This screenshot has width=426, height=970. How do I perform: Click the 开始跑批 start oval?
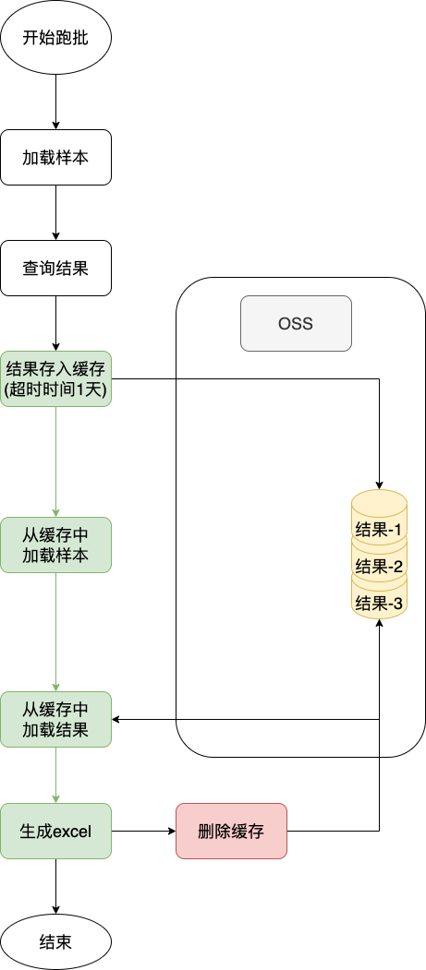(x=55, y=39)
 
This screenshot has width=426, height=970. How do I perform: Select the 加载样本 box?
(x=55, y=157)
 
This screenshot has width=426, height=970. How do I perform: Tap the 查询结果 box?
(x=55, y=269)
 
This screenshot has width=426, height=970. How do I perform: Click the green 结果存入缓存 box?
(x=55, y=378)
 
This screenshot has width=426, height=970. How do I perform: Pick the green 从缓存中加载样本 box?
(x=55, y=545)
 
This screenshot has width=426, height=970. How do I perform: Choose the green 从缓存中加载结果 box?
(x=55, y=720)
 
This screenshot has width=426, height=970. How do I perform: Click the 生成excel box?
(x=55, y=831)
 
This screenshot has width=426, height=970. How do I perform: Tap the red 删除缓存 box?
(x=231, y=831)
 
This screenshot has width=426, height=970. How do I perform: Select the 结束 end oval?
(x=55, y=941)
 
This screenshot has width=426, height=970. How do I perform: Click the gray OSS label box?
(x=296, y=323)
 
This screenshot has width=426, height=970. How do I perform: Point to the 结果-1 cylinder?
(x=379, y=526)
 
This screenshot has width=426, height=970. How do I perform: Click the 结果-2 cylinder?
(x=379, y=565)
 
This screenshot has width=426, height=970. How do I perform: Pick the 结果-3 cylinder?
(x=379, y=602)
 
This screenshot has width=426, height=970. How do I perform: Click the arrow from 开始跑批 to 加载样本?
(x=55, y=102)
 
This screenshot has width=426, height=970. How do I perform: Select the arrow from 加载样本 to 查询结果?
(x=55, y=212)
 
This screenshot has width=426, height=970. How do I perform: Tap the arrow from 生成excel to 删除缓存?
(x=143, y=831)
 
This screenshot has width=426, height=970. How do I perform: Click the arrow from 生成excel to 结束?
(x=55, y=886)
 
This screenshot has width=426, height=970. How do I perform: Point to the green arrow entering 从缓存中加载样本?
(x=55, y=461)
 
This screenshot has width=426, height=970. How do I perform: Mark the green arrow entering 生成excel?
(x=55, y=775)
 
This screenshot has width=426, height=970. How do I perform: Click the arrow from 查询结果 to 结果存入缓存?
(x=55, y=323)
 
